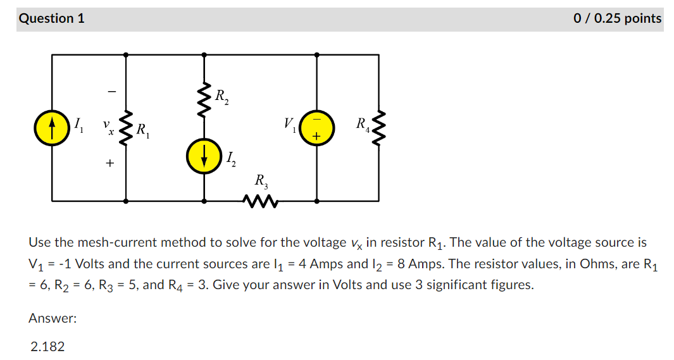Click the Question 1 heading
pyautogui.click(x=52, y=18)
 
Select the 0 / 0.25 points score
pyautogui.click(x=617, y=18)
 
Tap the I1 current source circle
pyautogui.click(x=52, y=128)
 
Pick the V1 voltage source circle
pyautogui.click(x=316, y=128)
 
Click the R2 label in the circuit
pyautogui.click(x=222, y=97)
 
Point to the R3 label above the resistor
pyautogui.click(x=261, y=182)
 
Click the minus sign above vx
pyautogui.click(x=111, y=92)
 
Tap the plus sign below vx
pyautogui.click(x=109, y=164)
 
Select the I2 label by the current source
pyautogui.click(x=230, y=159)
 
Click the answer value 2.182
pyautogui.click(x=47, y=346)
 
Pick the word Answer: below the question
pyautogui.click(x=53, y=319)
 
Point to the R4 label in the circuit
pyautogui.click(x=363, y=123)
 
